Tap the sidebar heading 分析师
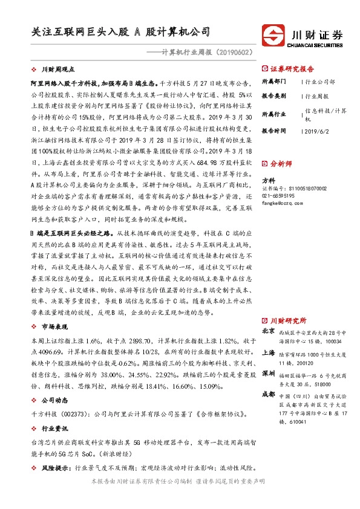tap(281, 163)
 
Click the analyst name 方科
tap(268, 180)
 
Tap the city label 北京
tap(268, 332)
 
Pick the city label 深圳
tap(268, 374)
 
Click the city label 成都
tap(268, 394)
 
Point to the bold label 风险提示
tap(54, 467)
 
